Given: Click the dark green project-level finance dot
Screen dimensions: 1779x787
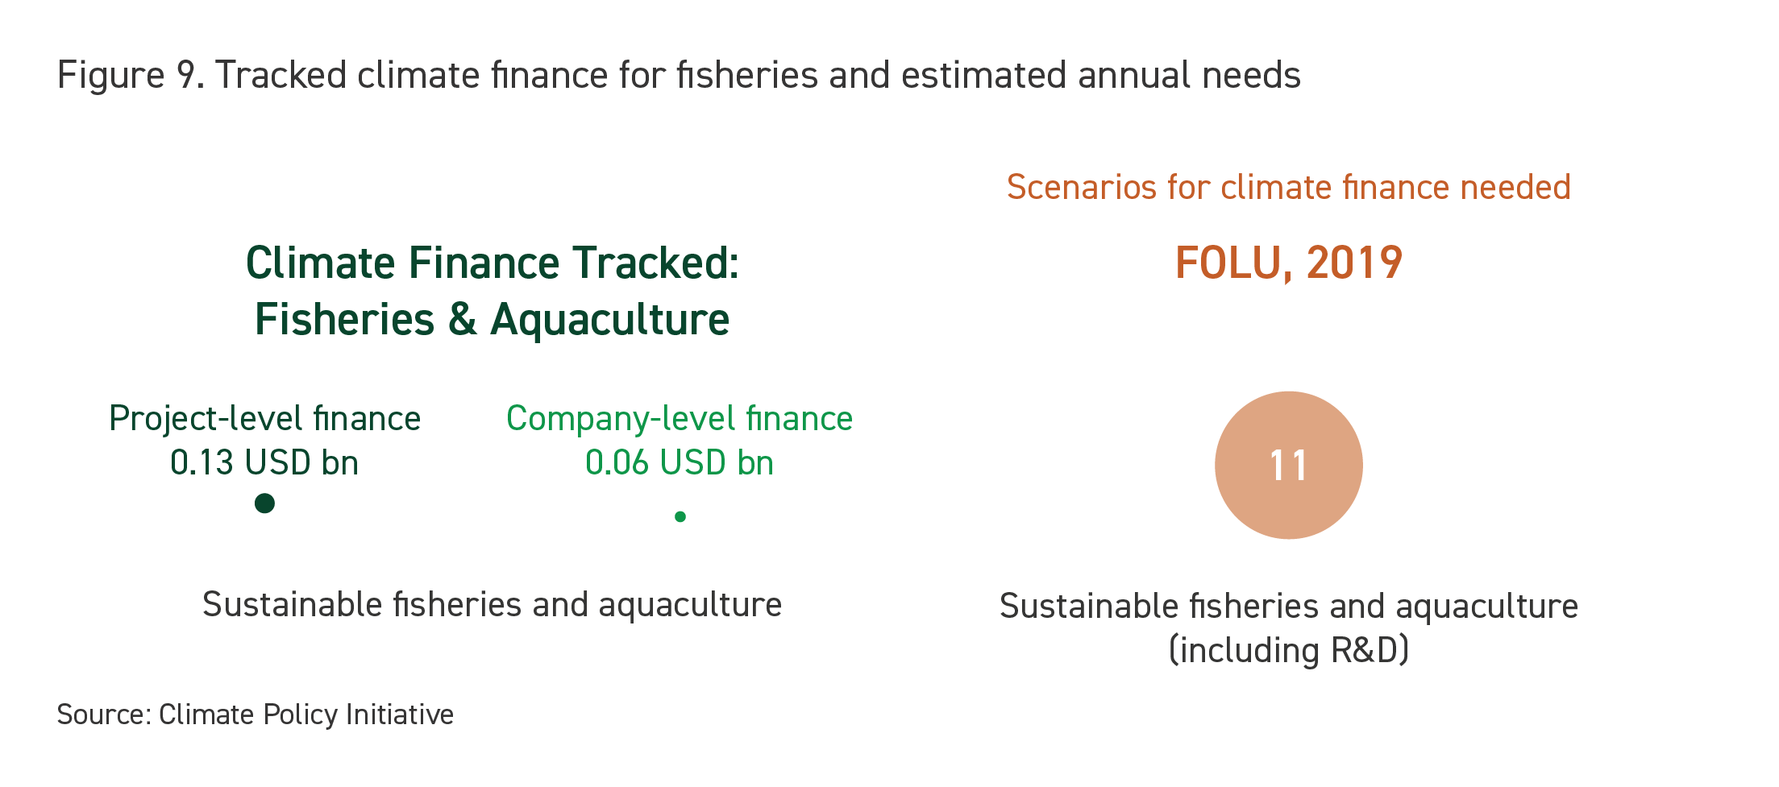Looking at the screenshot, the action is pos(264,503).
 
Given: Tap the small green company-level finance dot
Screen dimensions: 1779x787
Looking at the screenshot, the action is pos(680,516).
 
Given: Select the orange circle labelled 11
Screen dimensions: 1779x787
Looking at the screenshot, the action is pos(1288,465).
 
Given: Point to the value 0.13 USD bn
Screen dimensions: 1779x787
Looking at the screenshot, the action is pos(264,462).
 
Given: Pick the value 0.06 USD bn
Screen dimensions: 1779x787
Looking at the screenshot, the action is pos(680,462).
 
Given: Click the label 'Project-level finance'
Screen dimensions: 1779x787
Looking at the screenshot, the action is pos(264,419).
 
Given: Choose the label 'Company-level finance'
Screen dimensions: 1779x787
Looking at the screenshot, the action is pos(680,419).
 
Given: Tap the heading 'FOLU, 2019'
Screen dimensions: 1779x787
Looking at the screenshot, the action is pos(1288,263).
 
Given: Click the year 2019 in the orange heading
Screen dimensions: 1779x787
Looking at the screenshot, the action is pos(1354,263).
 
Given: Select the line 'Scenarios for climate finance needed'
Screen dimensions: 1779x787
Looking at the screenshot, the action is pos(1288,187).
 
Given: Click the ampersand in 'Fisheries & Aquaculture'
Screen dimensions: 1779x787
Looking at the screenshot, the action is pos(462,319).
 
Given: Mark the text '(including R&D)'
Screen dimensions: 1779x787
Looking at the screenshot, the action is pos(1288,650).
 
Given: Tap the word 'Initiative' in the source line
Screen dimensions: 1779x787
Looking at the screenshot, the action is pos(400,715).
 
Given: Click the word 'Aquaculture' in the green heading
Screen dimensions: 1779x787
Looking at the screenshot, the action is pos(610,319).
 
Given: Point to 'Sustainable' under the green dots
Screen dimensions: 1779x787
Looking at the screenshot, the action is pos(292,604).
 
